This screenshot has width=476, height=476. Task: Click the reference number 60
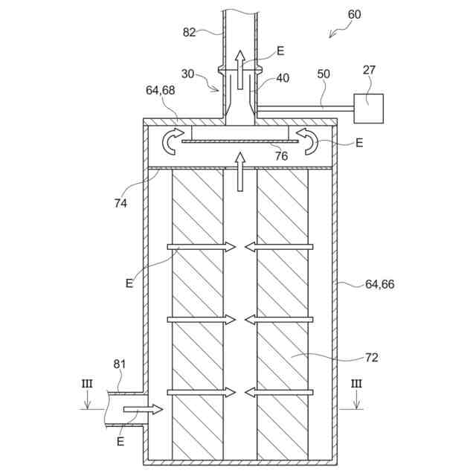355,15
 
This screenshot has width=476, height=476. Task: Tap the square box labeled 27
370,108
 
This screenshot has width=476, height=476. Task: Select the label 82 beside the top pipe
190,31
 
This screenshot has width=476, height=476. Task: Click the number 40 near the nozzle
283,77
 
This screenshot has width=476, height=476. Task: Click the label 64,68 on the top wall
161,91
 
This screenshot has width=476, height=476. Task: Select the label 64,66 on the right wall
379,283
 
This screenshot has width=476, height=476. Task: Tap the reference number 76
281,155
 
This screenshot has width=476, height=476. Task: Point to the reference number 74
121,202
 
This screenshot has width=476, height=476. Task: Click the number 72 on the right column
371,358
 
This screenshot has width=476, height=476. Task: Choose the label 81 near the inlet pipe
120,364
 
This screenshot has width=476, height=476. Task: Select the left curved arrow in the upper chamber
173,141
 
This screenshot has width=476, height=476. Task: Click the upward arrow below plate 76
239,170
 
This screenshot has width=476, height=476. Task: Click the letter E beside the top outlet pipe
280,51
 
